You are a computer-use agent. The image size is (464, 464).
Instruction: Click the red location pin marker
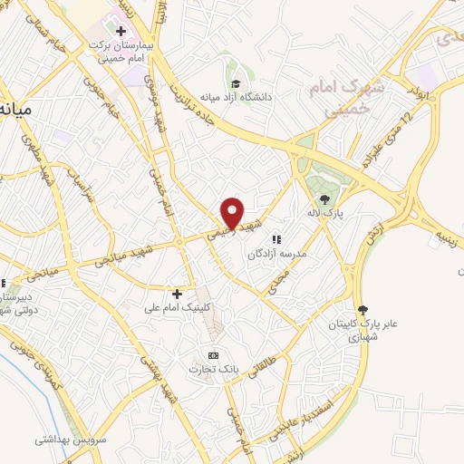coord(233,213)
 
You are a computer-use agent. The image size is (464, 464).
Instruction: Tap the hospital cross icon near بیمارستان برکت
coord(121,31)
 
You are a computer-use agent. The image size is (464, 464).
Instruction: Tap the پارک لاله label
coord(323,216)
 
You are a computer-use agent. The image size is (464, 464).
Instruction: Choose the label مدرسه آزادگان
coord(275,255)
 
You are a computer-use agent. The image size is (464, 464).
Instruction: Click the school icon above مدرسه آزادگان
coord(276,238)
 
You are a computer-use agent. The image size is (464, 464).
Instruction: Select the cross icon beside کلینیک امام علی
coord(177,294)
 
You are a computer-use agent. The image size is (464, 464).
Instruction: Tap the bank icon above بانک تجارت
coord(213,354)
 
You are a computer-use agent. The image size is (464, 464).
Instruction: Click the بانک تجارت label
coord(210,369)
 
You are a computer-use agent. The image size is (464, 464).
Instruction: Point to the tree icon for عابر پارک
coord(363,310)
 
